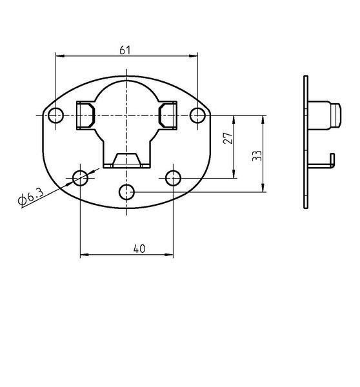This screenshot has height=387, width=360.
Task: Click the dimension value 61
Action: click(125, 50)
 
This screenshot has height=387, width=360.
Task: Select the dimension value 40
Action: click(139, 248)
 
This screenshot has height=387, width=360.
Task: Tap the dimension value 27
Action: click(228, 138)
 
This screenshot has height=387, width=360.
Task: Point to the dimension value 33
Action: click(257, 155)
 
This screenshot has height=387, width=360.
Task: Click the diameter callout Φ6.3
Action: click(31, 197)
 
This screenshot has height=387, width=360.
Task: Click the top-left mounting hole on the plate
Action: click(55, 115)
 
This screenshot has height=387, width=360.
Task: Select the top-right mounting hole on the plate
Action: click(197, 115)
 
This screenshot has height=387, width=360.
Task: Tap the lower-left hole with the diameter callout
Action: click(80, 178)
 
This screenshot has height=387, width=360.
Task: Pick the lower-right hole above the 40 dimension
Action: click(173, 178)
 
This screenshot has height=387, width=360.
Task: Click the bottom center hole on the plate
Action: click(126, 192)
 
